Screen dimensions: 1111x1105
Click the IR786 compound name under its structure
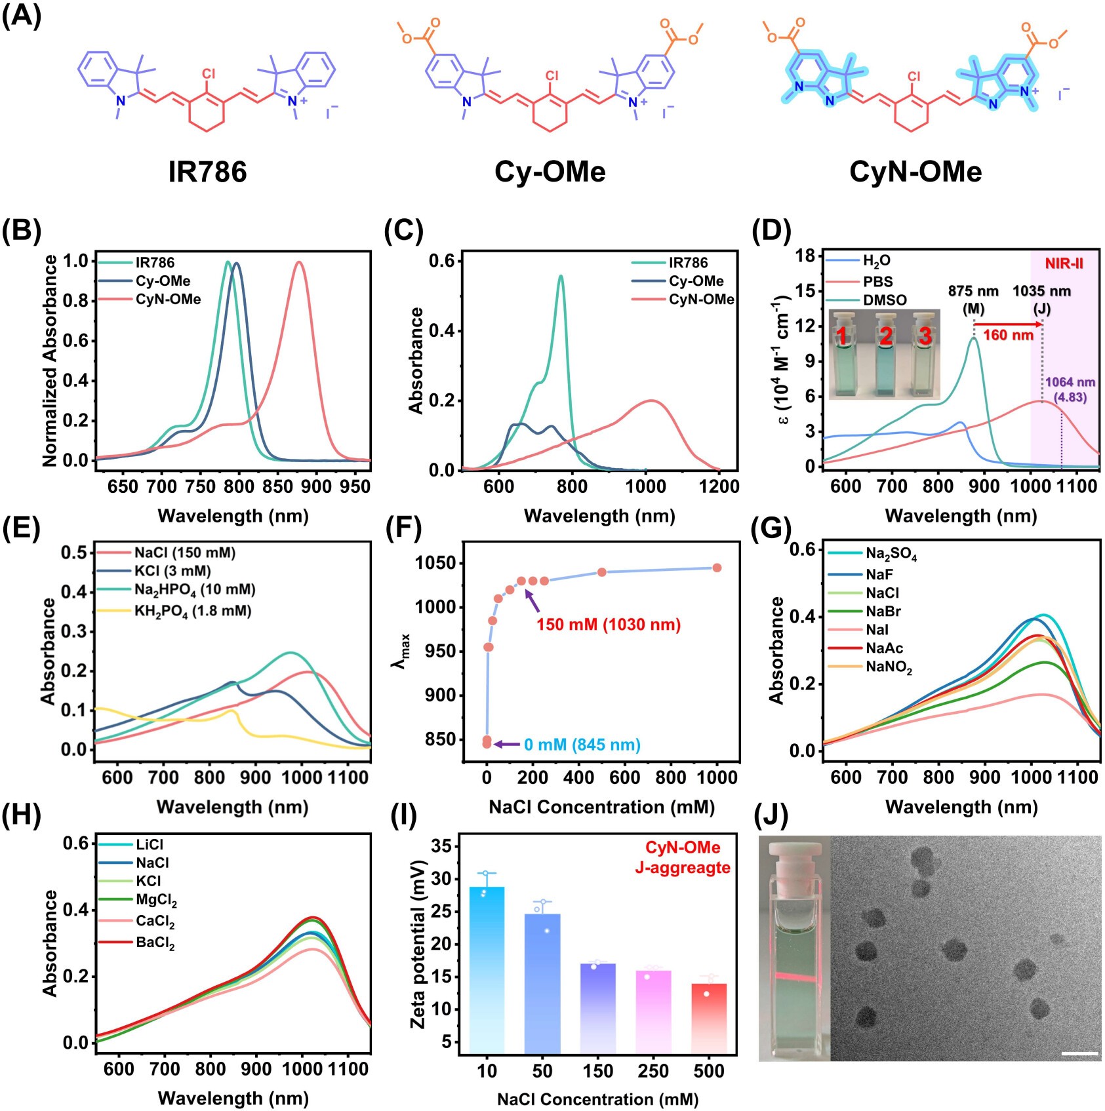click(207, 172)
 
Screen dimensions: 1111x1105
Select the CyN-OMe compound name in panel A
click(915, 172)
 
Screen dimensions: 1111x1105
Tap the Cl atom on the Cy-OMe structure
click(552, 76)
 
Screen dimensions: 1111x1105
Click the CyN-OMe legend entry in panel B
click(168, 300)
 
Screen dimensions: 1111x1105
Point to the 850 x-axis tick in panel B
click(278, 486)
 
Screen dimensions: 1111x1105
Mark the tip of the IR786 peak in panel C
click(561, 276)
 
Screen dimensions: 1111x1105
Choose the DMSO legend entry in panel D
click(884, 300)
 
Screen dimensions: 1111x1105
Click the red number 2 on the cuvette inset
click(885, 336)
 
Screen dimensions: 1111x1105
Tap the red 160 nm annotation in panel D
click(1008, 336)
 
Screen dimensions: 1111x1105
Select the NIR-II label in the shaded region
click(1064, 263)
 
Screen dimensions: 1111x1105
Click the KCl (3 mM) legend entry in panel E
click(172, 571)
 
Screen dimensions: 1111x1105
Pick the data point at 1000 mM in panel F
click(717, 568)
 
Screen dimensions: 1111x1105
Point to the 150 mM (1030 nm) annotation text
click(609, 625)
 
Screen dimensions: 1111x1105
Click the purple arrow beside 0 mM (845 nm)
click(506, 744)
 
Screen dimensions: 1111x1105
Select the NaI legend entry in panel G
click(877, 630)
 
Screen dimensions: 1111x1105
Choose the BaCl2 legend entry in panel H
click(155, 944)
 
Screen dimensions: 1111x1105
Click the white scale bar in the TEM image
click(1079, 1054)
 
